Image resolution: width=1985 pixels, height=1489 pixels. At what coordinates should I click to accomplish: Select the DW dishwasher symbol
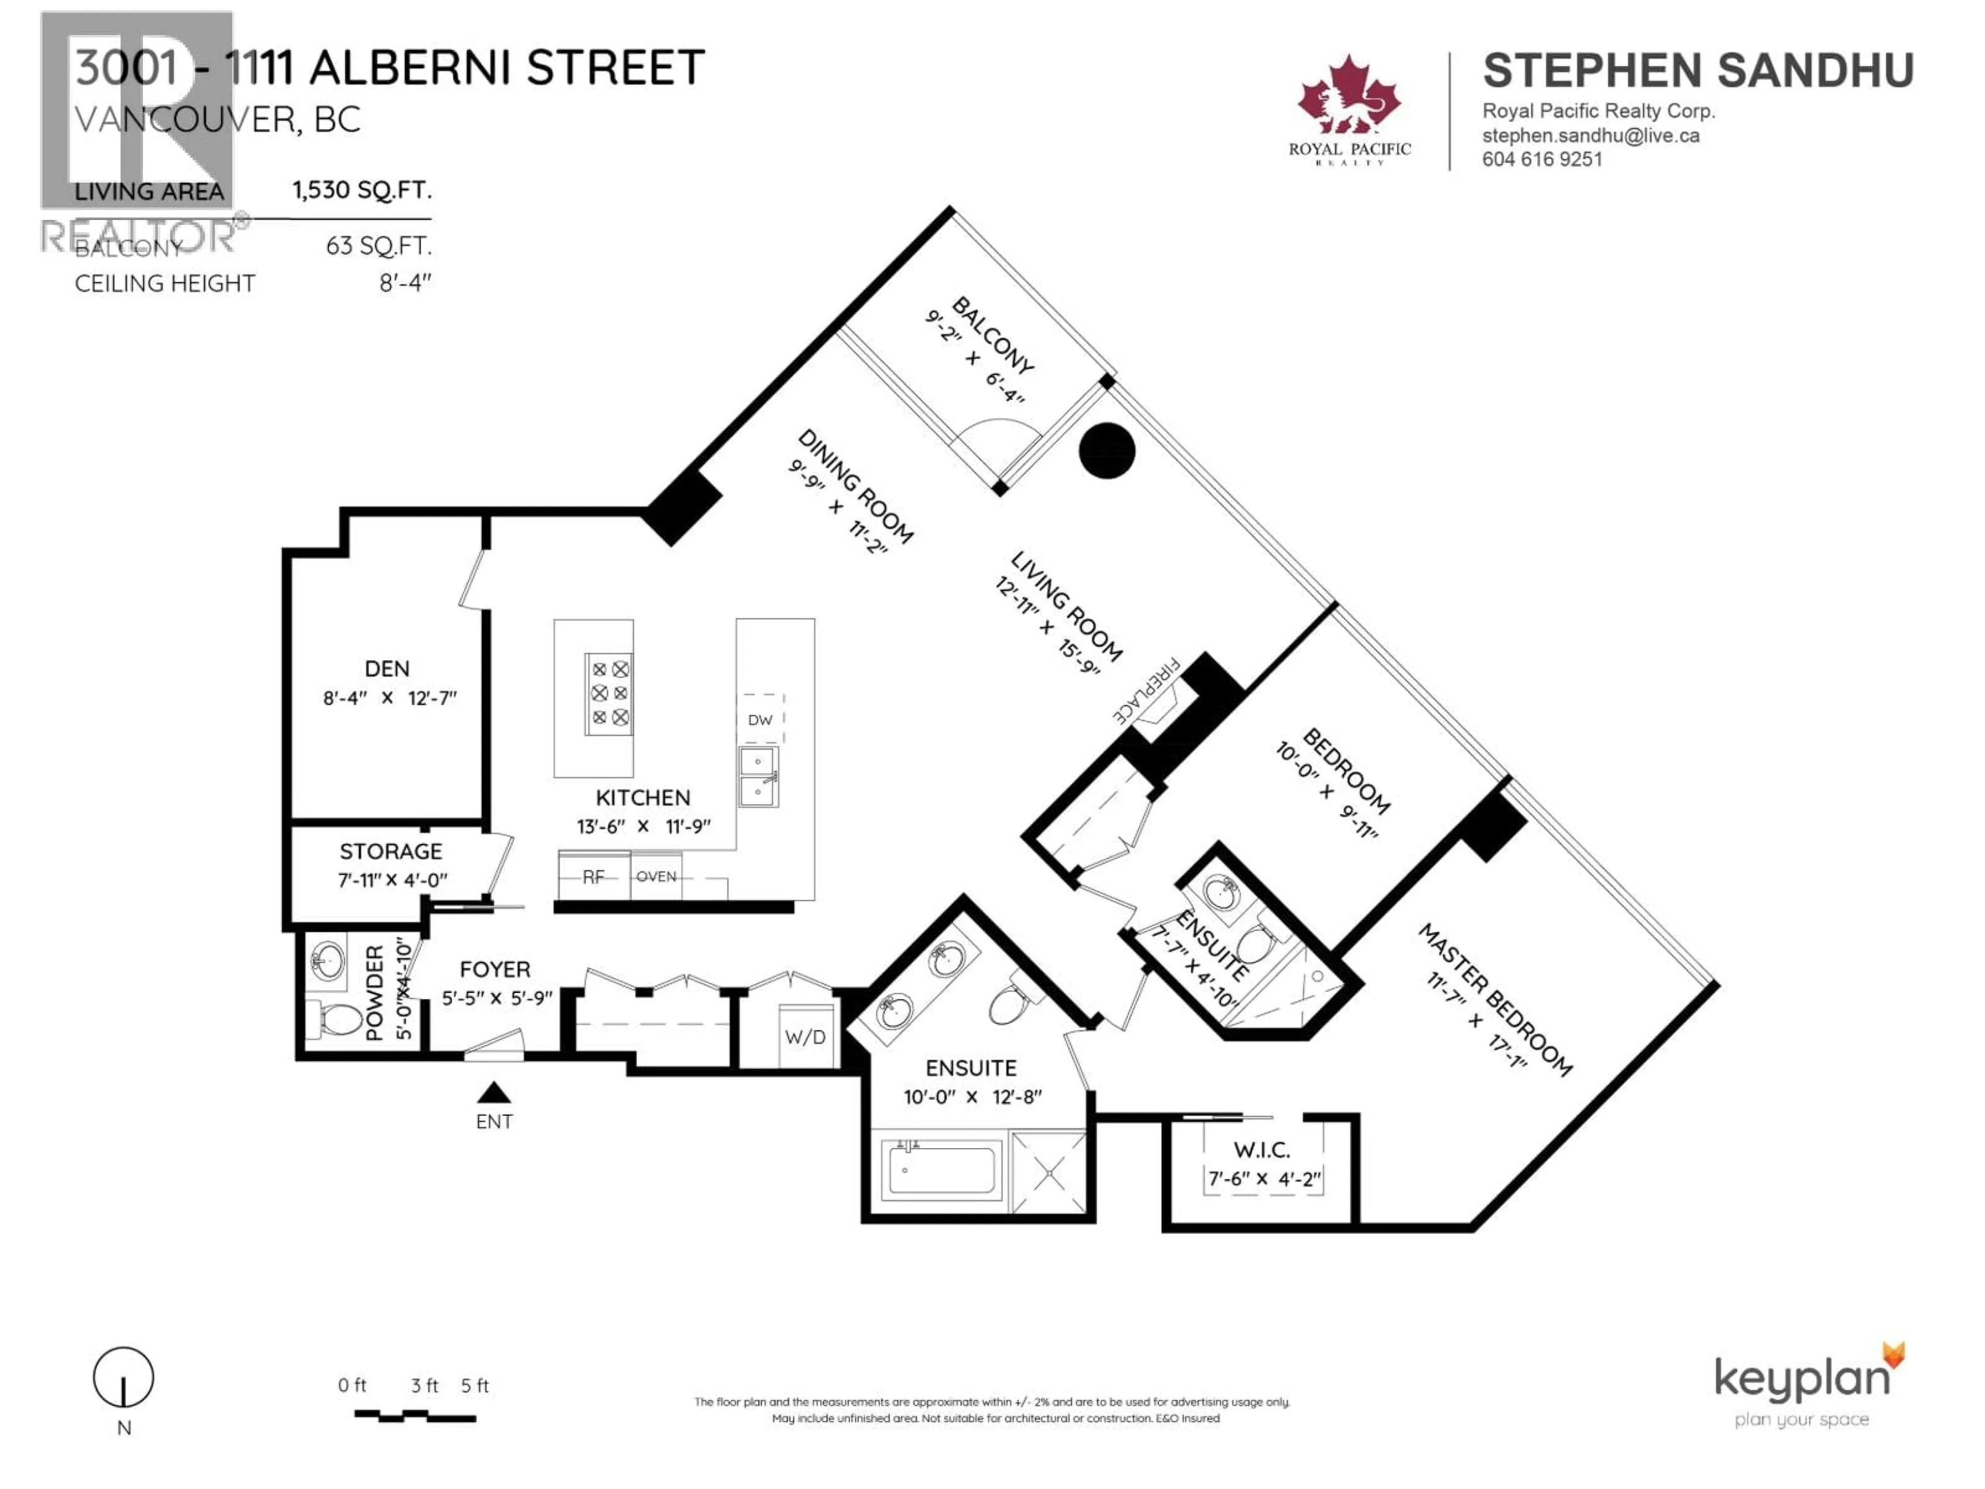coord(760,719)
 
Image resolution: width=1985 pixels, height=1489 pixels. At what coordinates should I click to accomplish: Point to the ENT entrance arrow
coord(494,1093)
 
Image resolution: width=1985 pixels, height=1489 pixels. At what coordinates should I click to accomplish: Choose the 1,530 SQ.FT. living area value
coord(362,190)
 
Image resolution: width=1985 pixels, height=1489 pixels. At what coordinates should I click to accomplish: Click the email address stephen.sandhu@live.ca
coord(1590,135)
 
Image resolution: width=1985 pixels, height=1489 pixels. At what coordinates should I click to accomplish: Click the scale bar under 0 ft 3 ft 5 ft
coord(415,1416)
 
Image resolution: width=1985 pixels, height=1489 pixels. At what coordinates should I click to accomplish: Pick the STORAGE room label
coord(390,851)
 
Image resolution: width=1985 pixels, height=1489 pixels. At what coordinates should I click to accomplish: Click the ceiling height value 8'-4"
coord(405,284)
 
